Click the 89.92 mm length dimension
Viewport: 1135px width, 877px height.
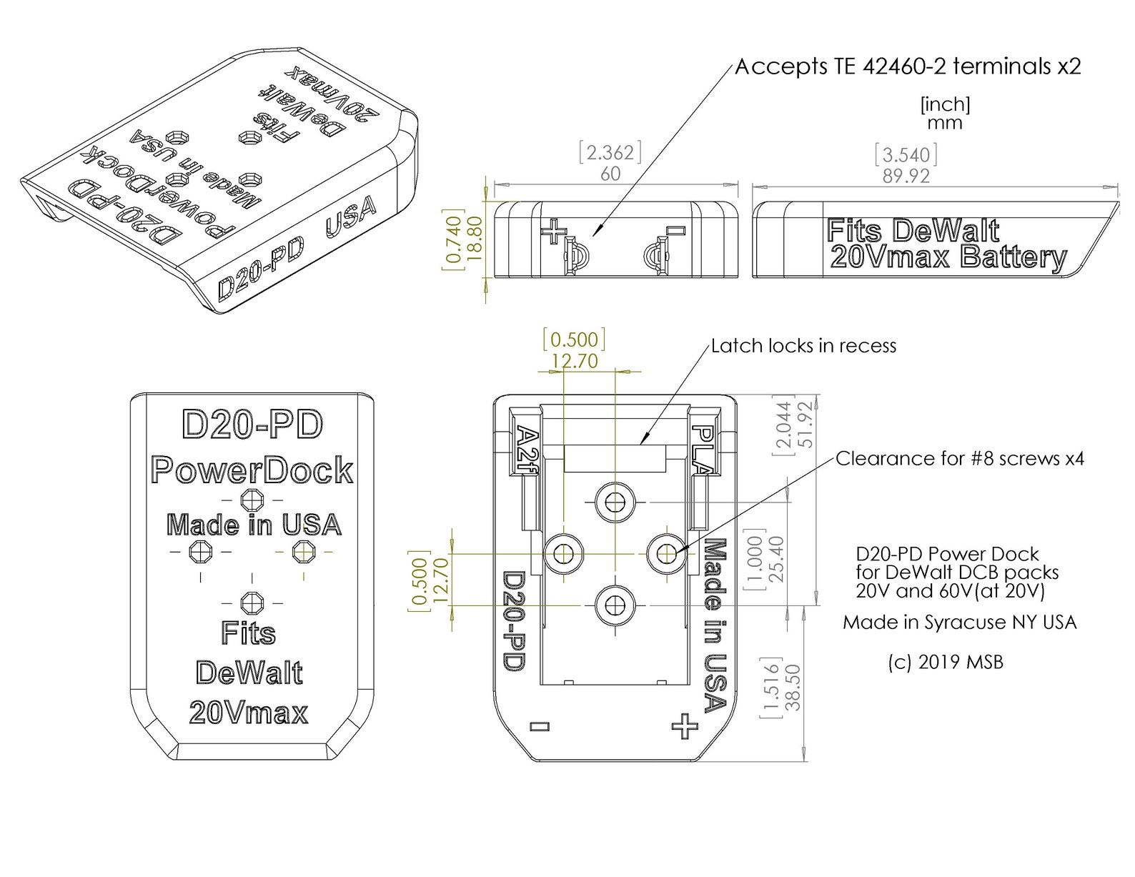906,177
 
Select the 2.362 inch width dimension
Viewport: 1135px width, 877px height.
610,153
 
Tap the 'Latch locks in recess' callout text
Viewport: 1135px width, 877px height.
803,346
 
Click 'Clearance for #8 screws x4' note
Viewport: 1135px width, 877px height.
959,458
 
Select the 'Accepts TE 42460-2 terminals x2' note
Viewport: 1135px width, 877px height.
908,66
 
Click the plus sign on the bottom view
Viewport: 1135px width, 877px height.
685,726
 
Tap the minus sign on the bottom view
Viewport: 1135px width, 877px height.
541,727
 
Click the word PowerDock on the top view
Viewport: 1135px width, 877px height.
252,470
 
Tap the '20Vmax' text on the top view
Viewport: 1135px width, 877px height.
249,713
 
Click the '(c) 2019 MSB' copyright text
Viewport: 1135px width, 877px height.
945,662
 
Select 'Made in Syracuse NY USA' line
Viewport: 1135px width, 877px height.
959,622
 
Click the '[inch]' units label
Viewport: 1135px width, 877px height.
945,105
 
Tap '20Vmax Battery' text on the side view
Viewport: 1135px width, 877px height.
948,257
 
